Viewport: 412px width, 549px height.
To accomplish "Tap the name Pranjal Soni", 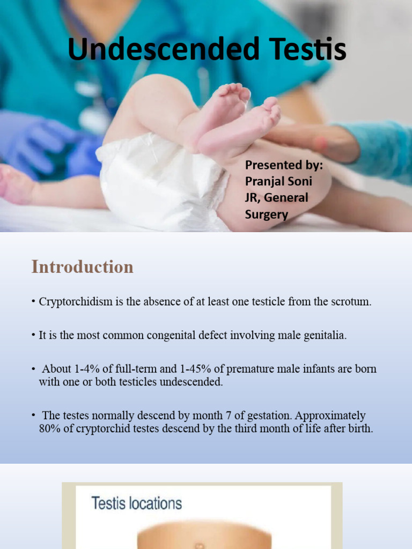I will (278, 181).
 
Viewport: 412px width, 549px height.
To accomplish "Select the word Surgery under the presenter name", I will (267, 214).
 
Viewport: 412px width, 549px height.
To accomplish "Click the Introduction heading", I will (82, 266).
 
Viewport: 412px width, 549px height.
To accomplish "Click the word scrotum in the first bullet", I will (352, 301).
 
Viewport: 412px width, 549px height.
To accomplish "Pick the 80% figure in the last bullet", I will (49, 429).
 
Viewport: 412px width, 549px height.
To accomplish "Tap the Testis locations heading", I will (137, 503).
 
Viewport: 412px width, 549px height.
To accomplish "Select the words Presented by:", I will (284, 165).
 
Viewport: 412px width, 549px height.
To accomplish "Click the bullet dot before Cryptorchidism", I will (33, 302).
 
